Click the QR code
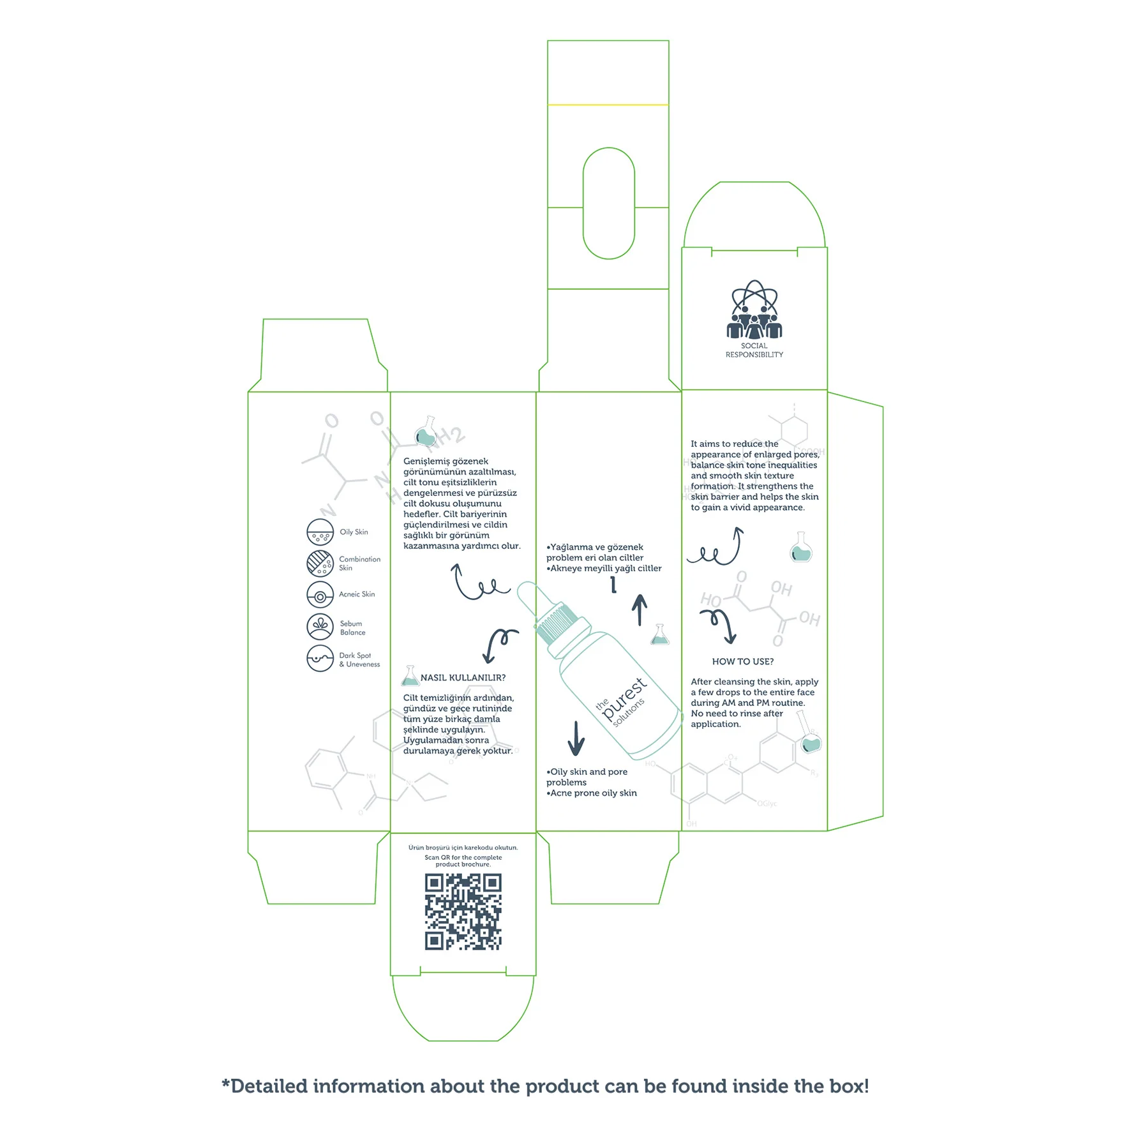coord(463,911)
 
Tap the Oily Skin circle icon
coord(320,532)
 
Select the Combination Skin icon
coord(320,563)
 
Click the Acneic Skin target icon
coord(320,595)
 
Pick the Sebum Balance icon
coord(320,627)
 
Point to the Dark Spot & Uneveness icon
coord(320,658)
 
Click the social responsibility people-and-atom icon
coord(754,310)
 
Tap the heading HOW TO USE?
coord(742,662)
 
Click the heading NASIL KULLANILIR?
coord(463,678)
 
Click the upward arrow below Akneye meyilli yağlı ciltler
coord(640,610)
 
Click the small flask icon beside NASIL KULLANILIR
coord(410,676)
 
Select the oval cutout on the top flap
coord(608,203)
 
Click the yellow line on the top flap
coord(608,105)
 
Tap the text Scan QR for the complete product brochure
coord(463,861)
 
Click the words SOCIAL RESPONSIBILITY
coord(754,350)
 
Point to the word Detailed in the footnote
coord(269,1086)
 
